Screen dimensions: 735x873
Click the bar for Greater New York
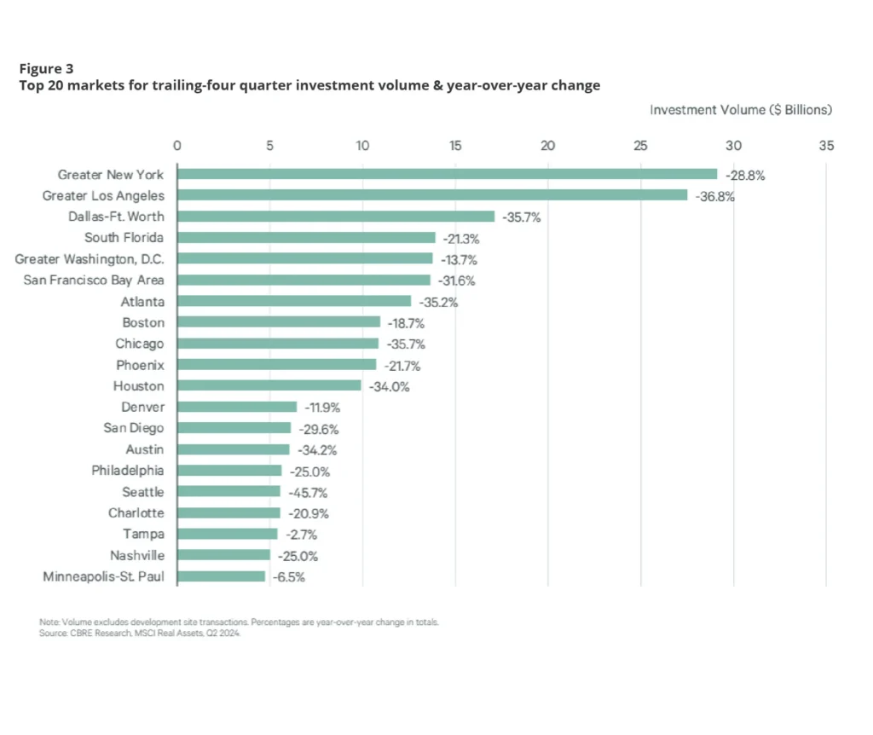click(x=447, y=175)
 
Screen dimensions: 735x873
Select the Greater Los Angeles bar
click(x=431, y=195)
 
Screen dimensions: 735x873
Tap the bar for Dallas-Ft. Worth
click(x=335, y=217)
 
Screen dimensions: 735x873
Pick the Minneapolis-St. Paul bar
click(x=221, y=576)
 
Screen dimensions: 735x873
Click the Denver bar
click(x=236, y=408)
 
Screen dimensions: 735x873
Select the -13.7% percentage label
click(x=458, y=259)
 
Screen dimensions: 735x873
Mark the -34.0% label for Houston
click(x=389, y=386)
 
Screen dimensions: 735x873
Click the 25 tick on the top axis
click(x=640, y=146)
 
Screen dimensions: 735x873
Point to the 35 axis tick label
click(x=825, y=146)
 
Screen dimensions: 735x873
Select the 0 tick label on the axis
click(x=176, y=146)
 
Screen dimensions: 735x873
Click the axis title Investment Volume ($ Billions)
click(x=740, y=110)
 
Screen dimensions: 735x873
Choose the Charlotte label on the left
click(x=136, y=513)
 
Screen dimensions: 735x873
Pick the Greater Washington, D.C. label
click(x=90, y=259)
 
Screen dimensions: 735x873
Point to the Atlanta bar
click(x=293, y=302)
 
